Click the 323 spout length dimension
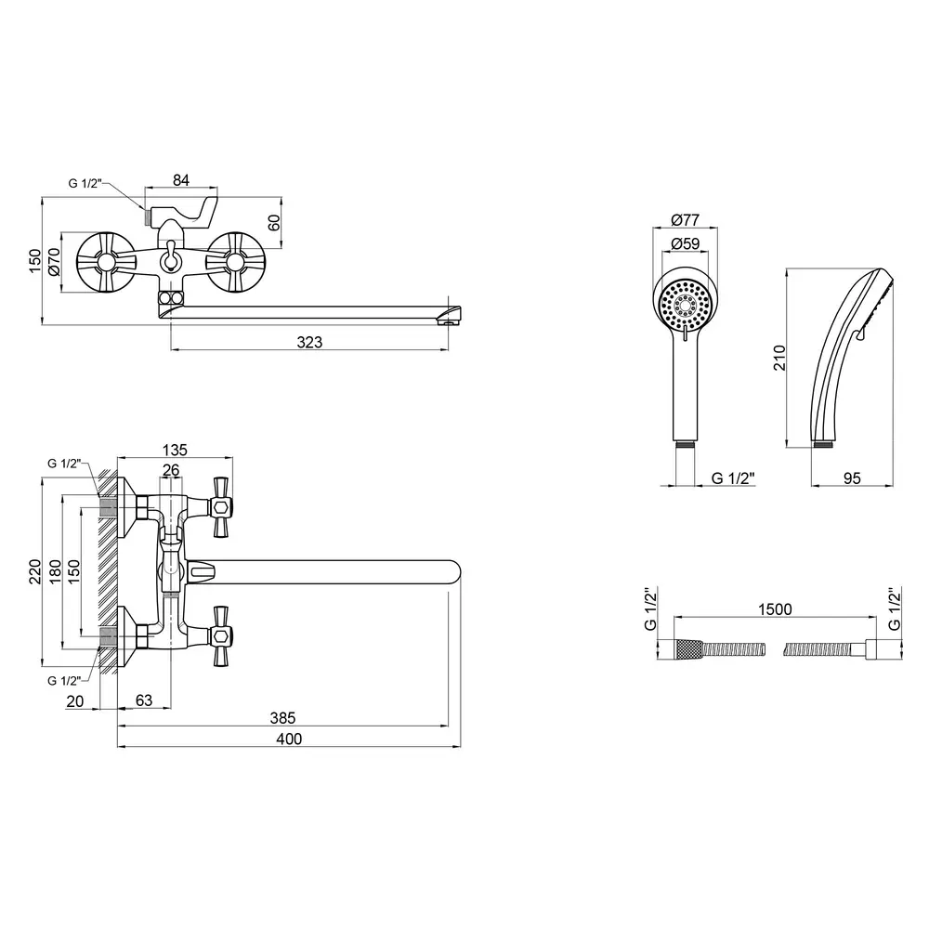(310, 343)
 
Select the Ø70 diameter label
(54, 264)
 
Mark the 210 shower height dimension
(779, 358)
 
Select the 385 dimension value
(282, 717)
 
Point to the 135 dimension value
(175, 450)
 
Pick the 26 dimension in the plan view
(171, 471)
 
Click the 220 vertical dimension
(34, 571)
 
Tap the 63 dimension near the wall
(144, 700)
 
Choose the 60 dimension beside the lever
(274, 224)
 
